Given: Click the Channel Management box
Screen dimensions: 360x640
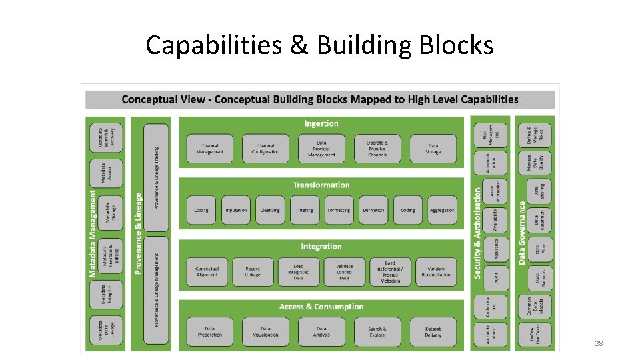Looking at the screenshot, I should pyautogui.click(x=210, y=149).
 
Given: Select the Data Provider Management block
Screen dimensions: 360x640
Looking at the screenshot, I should pyautogui.click(x=321, y=149).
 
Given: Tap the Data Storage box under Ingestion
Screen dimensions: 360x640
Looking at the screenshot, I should pyautogui.click(x=433, y=149).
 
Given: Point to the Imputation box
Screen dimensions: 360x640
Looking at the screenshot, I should pyautogui.click(x=235, y=210).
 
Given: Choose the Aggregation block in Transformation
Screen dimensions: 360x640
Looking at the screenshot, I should pyautogui.click(x=442, y=210).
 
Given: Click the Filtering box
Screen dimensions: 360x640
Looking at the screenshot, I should pyautogui.click(x=304, y=210).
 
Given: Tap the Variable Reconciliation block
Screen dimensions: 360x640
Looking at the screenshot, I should pyautogui.click(x=435, y=272).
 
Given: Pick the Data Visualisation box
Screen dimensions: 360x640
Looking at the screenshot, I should pyautogui.click(x=265, y=331).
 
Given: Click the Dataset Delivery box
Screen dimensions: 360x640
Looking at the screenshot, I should pyautogui.click(x=433, y=331).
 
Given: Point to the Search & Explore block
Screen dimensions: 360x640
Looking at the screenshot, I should pyautogui.click(x=377, y=331).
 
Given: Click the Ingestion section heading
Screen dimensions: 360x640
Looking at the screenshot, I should pyautogui.click(x=321, y=123).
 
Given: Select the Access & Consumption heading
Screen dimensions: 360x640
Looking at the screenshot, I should pyautogui.click(x=321, y=307).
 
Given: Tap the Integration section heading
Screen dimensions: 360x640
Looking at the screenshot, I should pyautogui.click(x=321, y=247).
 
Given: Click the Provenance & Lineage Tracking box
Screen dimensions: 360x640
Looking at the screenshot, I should pyautogui.click(x=157, y=177).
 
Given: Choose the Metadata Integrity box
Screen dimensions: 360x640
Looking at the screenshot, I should pyautogui.click(x=106, y=293).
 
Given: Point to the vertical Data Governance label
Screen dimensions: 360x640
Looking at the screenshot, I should pyautogui.click(x=522, y=227).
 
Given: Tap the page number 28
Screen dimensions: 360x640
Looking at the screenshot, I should pyautogui.click(x=599, y=343).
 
